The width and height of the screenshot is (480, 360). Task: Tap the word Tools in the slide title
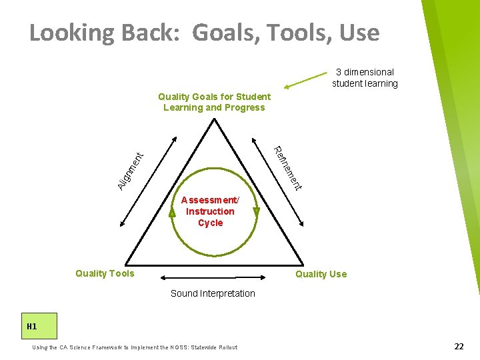point(297,33)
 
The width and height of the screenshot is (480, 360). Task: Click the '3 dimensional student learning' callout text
point(365,77)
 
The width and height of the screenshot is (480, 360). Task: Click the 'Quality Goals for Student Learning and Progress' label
point(214,102)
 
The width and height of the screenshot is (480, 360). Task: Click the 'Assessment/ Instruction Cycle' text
point(210,211)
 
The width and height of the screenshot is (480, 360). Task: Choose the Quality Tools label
point(105,273)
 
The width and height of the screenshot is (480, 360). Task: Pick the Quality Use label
point(321,274)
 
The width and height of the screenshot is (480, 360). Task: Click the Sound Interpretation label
point(213,293)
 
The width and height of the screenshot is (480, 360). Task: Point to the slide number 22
point(459,346)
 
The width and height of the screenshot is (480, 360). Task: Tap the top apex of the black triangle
point(214,120)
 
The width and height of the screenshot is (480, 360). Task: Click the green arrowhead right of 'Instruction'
point(256,213)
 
